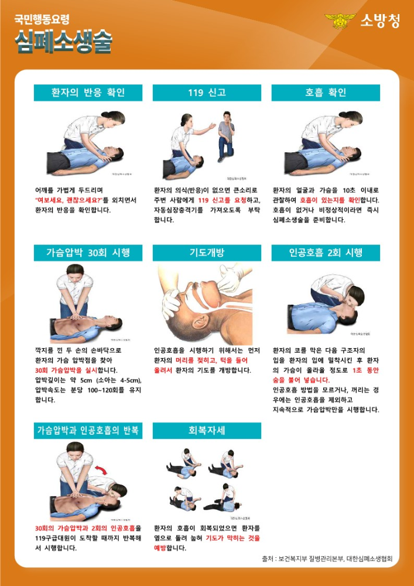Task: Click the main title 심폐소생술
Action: pos(63,42)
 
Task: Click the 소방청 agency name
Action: pos(381,21)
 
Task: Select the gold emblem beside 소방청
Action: pos(340,21)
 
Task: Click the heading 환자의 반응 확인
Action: pos(88,93)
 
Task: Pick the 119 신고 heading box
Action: pos(207,93)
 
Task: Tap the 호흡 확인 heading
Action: pos(326,93)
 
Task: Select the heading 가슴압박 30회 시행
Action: pos(88,253)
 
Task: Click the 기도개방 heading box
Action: pos(207,253)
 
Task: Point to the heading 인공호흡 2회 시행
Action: pos(326,253)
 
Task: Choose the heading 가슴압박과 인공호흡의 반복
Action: pos(88,431)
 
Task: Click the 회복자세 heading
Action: pos(207,431)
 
